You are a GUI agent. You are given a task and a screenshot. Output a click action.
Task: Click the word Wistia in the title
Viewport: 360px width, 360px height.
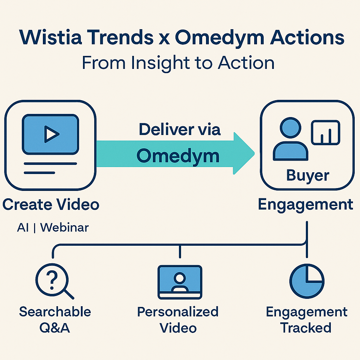pos(45,38)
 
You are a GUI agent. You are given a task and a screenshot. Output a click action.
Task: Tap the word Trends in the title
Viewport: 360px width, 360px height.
pos(120,38)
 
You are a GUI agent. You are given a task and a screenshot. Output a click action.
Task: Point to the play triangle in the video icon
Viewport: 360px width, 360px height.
pos(51,134)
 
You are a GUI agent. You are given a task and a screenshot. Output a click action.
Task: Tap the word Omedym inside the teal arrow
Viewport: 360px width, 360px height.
pos(178,156)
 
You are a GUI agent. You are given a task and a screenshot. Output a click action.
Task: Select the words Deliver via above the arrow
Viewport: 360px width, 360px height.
pos(180,129)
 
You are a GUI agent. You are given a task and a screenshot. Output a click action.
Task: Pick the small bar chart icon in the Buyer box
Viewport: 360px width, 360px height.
pos(326,132)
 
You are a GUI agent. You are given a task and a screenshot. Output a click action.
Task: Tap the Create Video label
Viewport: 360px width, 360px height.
pos(51,204)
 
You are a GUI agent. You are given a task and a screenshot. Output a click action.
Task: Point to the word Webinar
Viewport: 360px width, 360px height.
pos(64,227)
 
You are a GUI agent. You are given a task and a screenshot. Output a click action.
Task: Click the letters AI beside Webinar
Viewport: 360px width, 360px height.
pos(23,227)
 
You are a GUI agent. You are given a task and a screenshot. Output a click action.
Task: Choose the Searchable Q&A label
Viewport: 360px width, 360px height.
pos(55,319)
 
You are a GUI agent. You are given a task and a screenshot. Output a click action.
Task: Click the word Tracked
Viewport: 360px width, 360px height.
pos(306,328)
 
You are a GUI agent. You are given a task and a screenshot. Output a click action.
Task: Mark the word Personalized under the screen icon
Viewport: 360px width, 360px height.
pos(178,311)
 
